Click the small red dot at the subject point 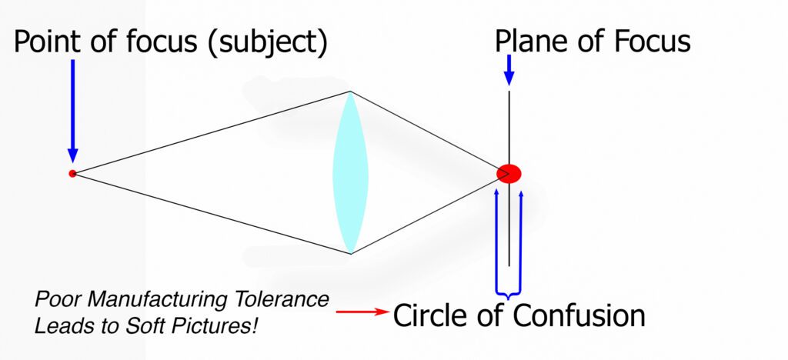72,173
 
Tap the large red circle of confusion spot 509,174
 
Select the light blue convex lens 350,172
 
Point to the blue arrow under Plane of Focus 508,72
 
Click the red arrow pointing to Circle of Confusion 362,312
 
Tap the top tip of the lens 350,93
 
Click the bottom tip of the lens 350,252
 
